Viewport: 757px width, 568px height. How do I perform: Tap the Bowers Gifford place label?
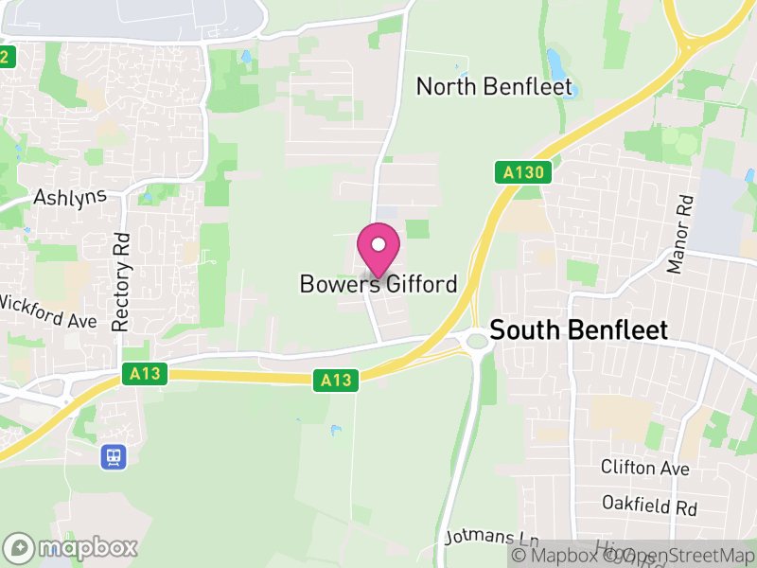coord(378,284)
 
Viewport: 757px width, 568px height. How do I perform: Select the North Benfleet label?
coord(495,88)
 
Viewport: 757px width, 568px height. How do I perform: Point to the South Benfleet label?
coord(579,330)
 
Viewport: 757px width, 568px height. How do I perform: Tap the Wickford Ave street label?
coord(48,312)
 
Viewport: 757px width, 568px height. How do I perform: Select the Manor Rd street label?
coord(680,235)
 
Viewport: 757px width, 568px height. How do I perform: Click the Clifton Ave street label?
coord(645,468)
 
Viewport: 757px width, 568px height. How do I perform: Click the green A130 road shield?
coord(521,172)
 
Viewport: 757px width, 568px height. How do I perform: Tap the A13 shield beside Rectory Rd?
coord(146,375)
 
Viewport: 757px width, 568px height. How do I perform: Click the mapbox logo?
coord(72,547)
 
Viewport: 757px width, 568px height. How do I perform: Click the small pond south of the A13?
coord(336,431)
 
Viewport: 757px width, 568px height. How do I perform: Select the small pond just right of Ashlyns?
coord(149,199)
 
